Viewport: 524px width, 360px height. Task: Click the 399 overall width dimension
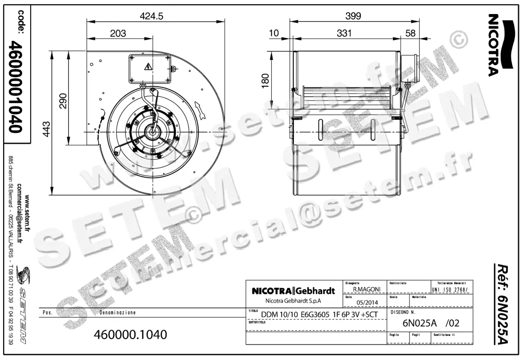(x=353, y=16)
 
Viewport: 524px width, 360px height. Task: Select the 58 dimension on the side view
(x=410, y=33)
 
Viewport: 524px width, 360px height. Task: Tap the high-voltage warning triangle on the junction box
(x=148, y=67)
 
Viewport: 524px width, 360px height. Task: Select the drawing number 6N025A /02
(x=430, y=324)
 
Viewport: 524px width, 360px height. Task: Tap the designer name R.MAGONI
(x=365, y=289)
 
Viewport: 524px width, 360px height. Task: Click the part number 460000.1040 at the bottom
(x=131, y=335)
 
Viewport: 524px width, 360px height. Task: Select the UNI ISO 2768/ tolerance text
(x=450, y=290)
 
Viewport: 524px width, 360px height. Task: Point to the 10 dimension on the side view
(x=274, y=33)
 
